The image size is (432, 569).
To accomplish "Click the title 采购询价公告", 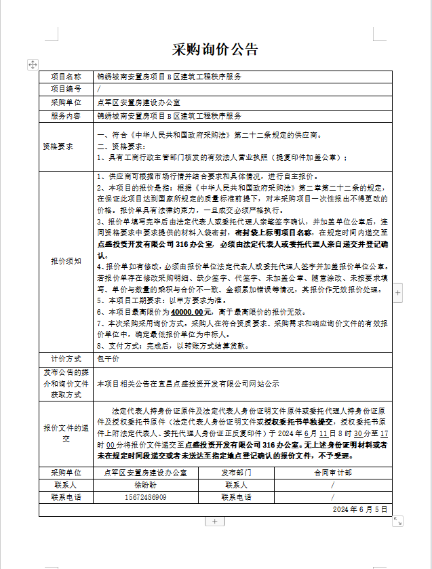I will tap(215, 50).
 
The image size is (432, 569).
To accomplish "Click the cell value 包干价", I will tap(109, 359).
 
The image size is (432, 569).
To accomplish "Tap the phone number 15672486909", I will tap(145, 496).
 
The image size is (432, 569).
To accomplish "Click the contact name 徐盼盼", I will tap(145, 485).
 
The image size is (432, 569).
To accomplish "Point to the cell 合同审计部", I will tap(332, 473).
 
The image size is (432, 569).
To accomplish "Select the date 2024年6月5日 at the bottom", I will tap(359, 509).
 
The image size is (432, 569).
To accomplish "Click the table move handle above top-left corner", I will tap(33, 64).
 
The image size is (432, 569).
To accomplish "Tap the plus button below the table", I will tap(214, 521).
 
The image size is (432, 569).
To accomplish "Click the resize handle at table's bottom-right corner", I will tap(397, 520).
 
